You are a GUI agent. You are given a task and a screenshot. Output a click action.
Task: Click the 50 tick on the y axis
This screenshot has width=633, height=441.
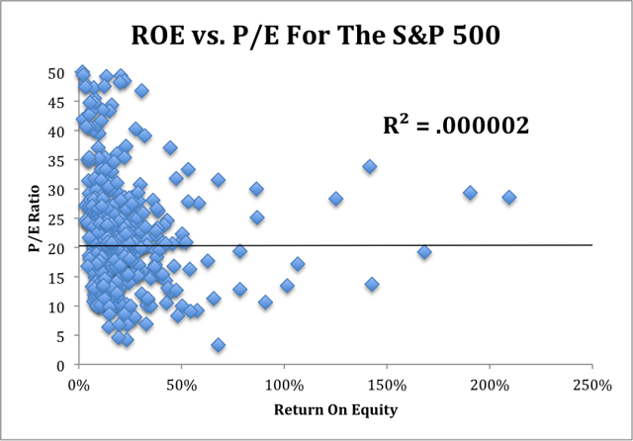click(x=57, y=73)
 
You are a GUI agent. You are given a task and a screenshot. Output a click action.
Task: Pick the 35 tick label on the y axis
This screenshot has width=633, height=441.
click(x=57, y=160)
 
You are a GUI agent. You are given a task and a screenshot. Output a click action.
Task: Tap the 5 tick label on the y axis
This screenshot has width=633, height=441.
click(x=61, y=336)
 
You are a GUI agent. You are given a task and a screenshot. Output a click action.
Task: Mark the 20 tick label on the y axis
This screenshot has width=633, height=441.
click(x=57, y=248)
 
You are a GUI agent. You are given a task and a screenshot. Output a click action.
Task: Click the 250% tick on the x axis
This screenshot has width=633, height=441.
click(x=591, y=384)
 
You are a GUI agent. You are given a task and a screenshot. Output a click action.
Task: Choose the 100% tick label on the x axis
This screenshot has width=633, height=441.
click(x=283, y=384)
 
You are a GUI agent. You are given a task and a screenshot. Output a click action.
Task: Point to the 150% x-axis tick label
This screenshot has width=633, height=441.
click(x=386, y=384)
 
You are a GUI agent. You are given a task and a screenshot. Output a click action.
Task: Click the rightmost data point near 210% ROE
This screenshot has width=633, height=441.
click(x=508, y=198)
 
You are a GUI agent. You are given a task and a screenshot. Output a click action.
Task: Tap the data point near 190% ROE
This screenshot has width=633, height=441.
click(x=470, y=193)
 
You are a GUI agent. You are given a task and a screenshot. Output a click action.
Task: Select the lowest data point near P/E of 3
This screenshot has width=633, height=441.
click(x=218, y=345)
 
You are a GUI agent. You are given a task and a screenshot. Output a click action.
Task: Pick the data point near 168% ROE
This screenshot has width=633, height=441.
click(x=424, y=252)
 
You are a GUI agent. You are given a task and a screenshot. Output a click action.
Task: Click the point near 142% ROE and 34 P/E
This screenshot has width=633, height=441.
click(x=370, y=167)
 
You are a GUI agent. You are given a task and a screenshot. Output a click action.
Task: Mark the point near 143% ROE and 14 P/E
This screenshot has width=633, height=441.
click(x=372, y=284)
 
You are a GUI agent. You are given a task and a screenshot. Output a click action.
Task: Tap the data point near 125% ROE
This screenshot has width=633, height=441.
click(x=335, y=199)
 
